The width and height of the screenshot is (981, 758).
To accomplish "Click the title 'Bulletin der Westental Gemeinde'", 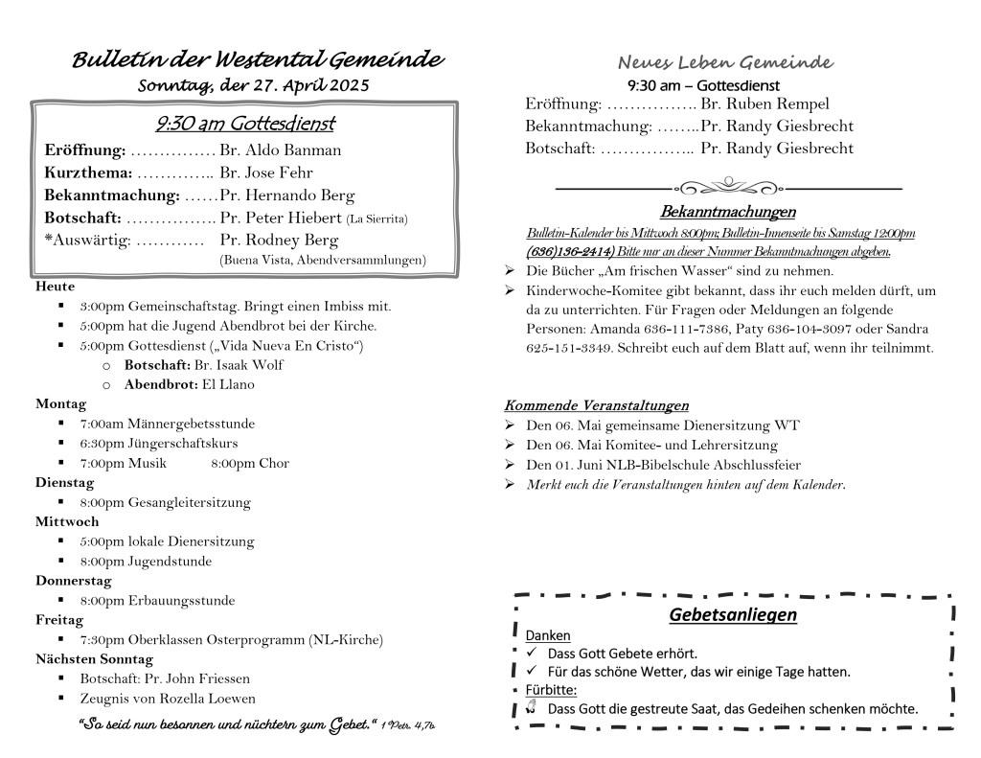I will [x=258, y=60].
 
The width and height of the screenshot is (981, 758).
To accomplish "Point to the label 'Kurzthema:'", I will [x=88, y=173].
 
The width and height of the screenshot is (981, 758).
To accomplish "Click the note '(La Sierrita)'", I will [x=376, y=219].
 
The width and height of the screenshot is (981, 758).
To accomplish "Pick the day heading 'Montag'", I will [x=60, y=403].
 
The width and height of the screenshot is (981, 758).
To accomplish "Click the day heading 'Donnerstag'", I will [x=74, y=581].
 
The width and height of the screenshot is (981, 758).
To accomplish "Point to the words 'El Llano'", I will [x=228, y=384].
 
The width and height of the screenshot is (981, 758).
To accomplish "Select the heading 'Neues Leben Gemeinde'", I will [x=724, y=63].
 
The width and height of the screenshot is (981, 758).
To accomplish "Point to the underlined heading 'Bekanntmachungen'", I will [x=727, y=212].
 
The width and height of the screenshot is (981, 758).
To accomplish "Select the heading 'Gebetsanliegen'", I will [x=733, y=614].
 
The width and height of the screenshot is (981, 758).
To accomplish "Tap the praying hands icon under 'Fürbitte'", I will [x=532, y=708].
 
